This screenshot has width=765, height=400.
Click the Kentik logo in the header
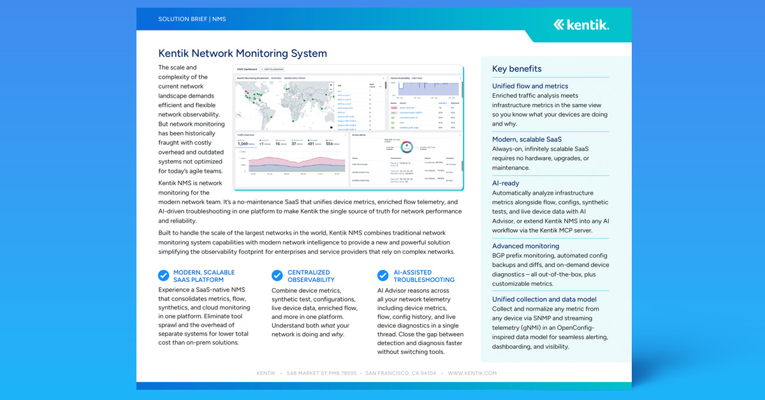pos(581,25)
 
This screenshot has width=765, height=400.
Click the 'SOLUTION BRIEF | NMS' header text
pos(192,20)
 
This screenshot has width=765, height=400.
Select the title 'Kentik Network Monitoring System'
pos(242,54)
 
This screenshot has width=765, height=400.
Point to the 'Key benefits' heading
pos(516,69)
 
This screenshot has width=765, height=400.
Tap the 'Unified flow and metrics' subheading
pos(530,86)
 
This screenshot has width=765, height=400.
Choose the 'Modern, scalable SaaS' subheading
pos(527,139)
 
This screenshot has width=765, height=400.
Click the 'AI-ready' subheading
pos(507,183)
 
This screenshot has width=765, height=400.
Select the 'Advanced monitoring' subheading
pos(525,246)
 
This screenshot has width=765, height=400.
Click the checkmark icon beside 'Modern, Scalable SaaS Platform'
pos(164,276)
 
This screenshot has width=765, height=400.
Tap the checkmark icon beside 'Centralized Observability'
pos(277,276)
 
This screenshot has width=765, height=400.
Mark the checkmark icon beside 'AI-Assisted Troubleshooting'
pos(382,276)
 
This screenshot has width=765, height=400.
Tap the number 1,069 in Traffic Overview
pos(245,144)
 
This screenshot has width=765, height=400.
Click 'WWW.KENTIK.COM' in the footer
pos(472,373)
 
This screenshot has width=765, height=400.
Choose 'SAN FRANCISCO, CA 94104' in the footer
pos(401,373)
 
